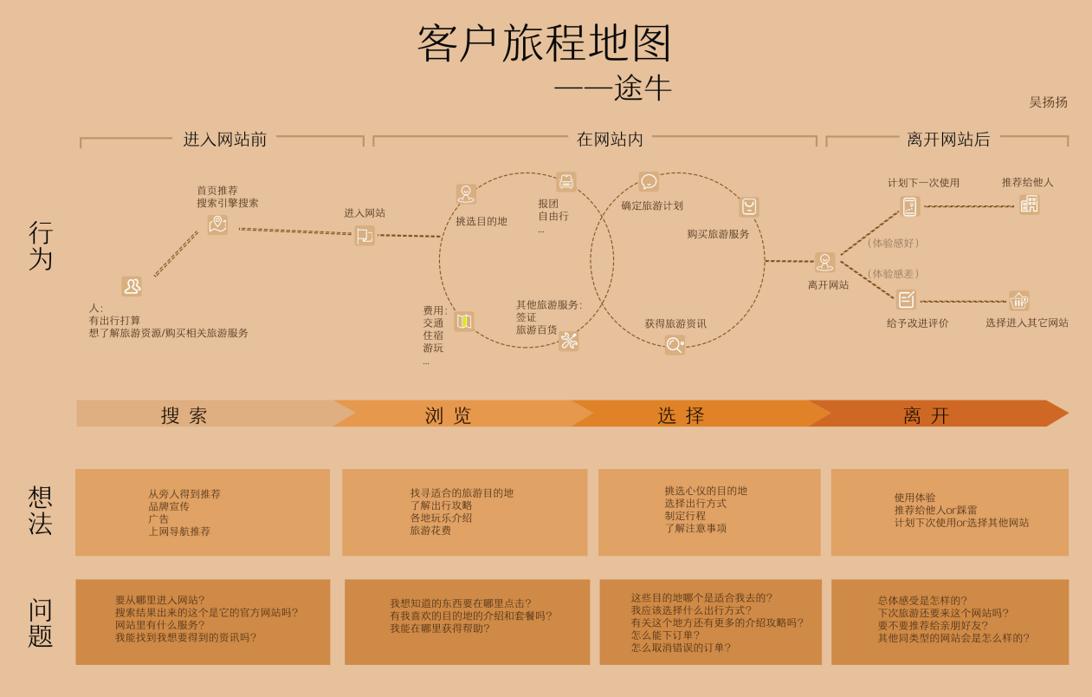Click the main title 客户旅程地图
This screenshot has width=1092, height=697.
click(545, 43)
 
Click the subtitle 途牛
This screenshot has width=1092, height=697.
click(643, 88)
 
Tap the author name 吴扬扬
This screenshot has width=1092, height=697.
click(1048, 102)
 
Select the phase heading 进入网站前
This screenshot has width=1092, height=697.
click(225, 140)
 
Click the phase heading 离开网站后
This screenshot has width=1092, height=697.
click(948, 140)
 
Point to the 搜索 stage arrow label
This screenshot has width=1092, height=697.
click(184, 415)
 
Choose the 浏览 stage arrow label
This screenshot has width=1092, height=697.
click(448, 415)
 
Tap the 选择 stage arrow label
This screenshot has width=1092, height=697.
click(681, 415)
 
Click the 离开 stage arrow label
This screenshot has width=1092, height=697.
click(926, 415)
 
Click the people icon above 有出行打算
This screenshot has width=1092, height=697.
click(132, 286)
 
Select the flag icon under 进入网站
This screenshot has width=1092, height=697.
click(365, 237)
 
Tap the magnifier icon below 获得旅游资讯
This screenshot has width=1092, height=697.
click(675, 345)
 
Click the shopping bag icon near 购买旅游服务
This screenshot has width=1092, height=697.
click(749, 206)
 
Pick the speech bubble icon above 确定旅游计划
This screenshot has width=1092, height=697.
click(649, 181)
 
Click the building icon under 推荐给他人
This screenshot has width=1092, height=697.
click(1029, 204)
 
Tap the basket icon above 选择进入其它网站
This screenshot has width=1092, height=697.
click(1019, 301)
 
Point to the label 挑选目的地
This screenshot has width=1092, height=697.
click(481, 221)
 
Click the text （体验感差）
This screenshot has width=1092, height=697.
click(893, 273)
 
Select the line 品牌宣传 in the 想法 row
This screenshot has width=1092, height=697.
click(169, 506)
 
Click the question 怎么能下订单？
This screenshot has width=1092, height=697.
click(665, 635)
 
